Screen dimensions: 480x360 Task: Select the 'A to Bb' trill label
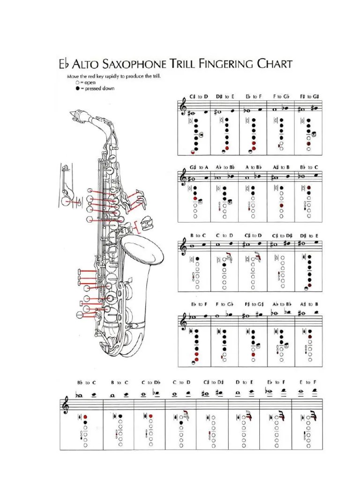click(253, 167)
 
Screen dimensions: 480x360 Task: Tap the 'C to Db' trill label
click(150, 382)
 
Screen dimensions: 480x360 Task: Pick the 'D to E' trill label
click(244, 382)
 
